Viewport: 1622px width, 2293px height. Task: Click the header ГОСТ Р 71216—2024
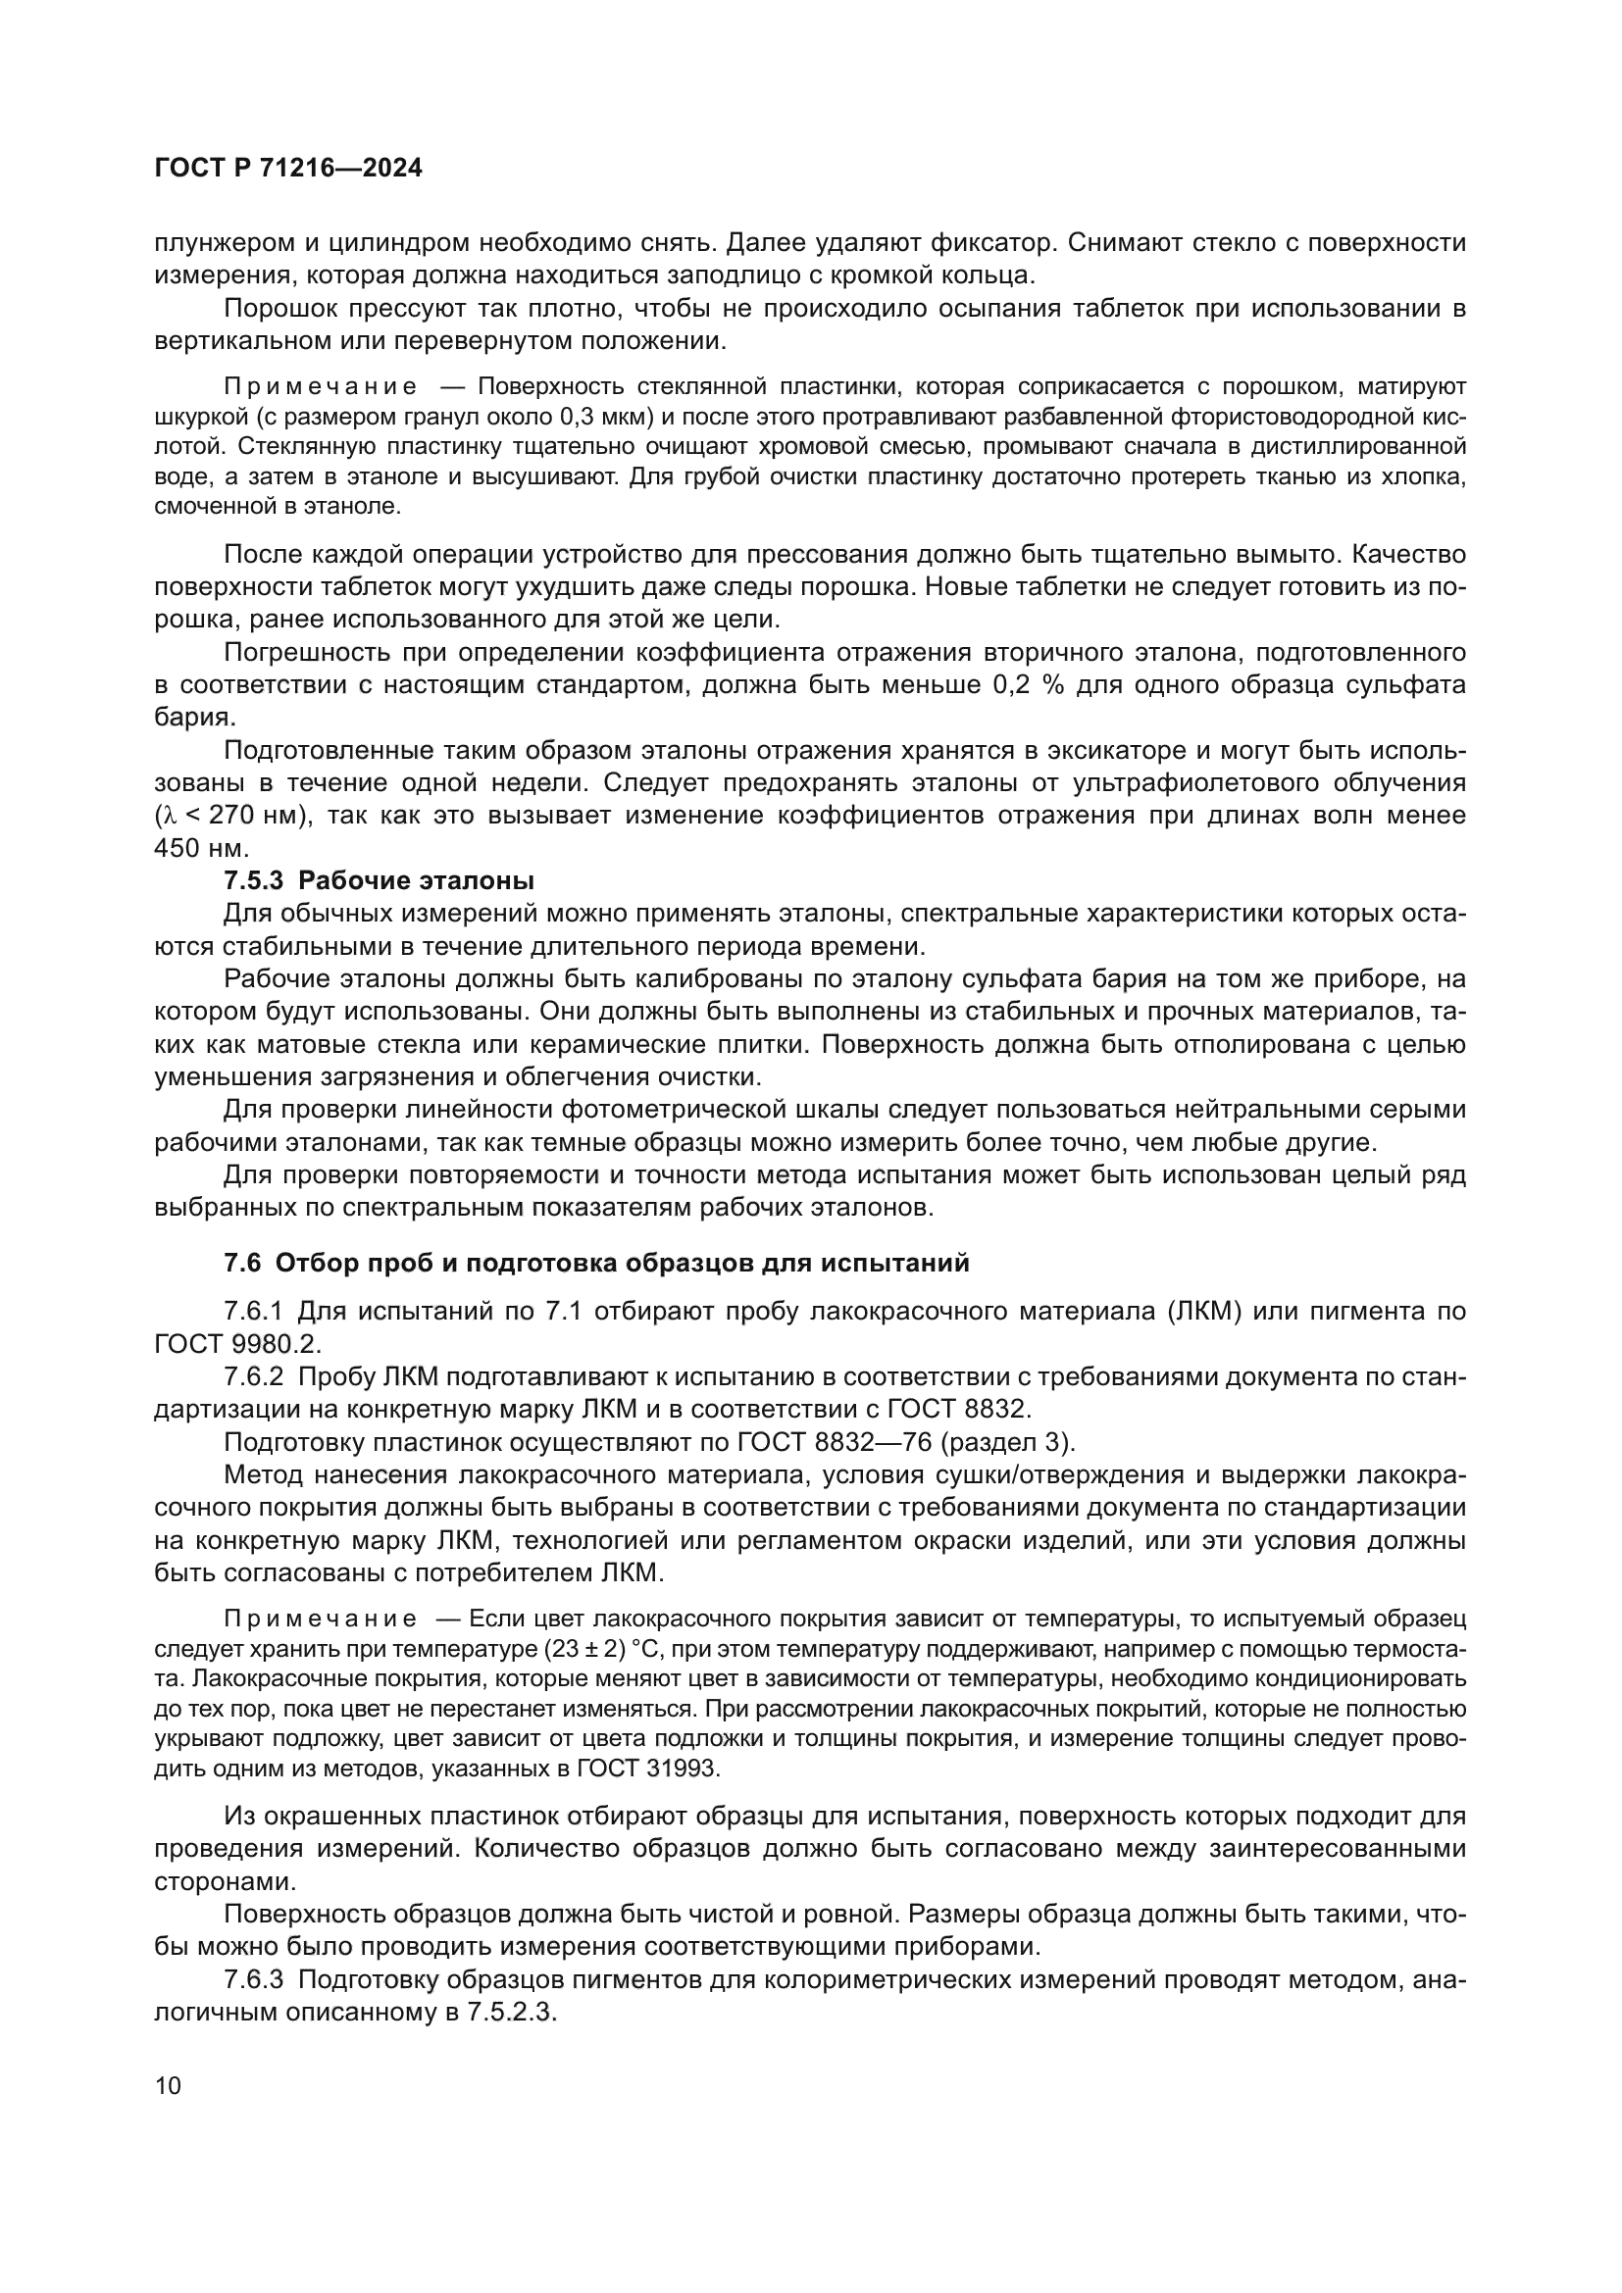tap(288, 168)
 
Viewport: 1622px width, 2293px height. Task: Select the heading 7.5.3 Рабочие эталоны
tap(379, 881)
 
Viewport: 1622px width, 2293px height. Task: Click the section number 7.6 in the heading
tap(242, 1263)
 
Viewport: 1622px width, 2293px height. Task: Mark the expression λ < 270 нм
tap(230, 816)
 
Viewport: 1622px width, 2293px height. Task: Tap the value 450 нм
tap(200, 849)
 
